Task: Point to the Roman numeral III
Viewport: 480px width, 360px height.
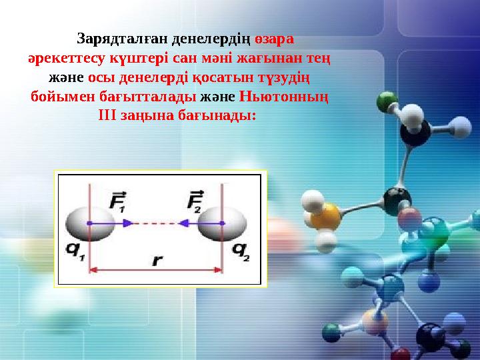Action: pyautogui.click(x=108, y=115)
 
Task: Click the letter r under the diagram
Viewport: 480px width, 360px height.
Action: pyautogui.click(x=157, y=260)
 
